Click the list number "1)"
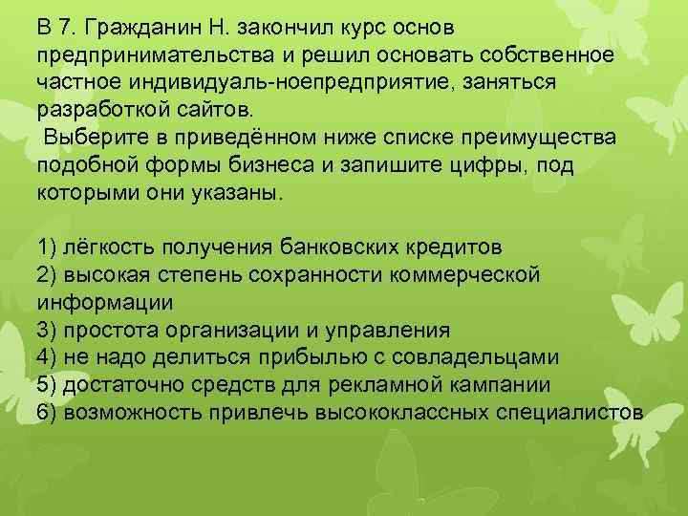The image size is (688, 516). (49, 247)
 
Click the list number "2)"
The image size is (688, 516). (49, 275)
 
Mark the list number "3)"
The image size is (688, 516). (49, 331)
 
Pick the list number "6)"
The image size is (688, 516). (49, 413)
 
